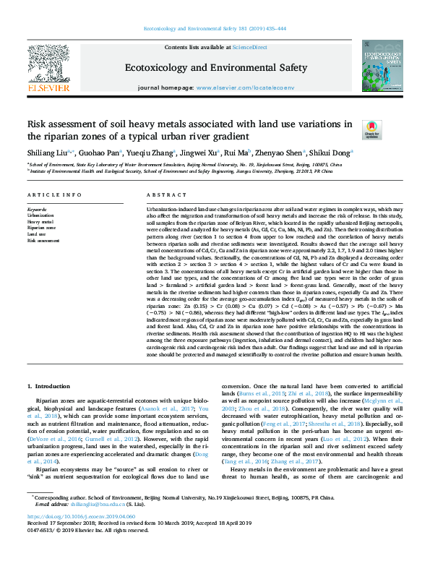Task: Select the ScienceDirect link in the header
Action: click(250, 47)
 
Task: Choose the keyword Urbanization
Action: click(40, 215)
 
